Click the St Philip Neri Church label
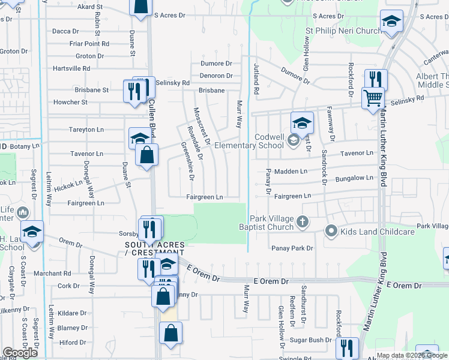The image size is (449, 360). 343,31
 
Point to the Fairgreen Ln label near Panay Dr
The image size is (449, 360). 292,196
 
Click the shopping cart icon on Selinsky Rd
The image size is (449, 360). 373,97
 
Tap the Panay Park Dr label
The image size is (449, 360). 292,248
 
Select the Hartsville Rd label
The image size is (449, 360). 71,68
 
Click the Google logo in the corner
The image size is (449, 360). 20,353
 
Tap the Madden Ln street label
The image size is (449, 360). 291,172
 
